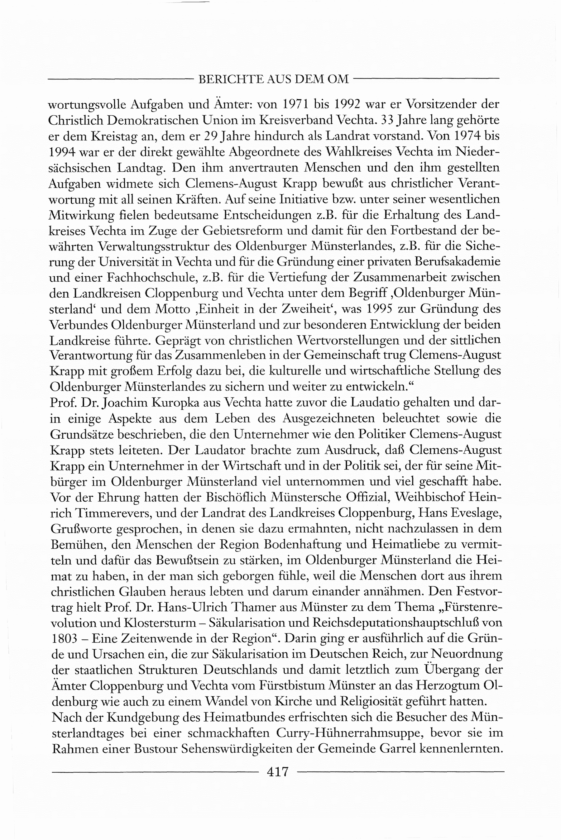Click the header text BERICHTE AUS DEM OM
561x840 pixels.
273,79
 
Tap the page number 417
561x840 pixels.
278,772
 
